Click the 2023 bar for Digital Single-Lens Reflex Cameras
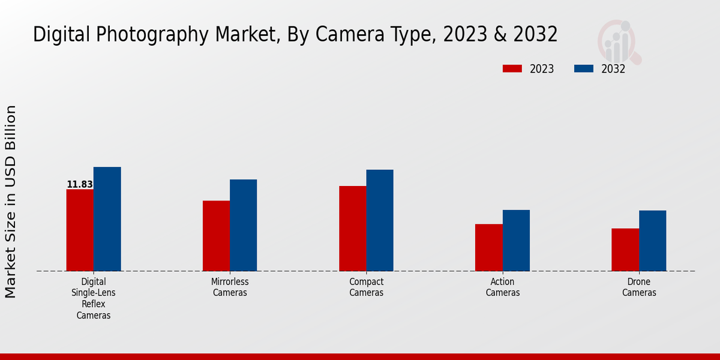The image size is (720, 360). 80,230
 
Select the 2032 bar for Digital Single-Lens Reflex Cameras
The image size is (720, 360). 107,219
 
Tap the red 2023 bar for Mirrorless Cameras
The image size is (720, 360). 216,236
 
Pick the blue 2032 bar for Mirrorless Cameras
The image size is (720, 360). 244,225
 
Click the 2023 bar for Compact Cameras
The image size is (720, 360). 352,229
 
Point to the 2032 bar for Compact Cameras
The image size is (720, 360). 380,220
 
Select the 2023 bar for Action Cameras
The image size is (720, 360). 488,247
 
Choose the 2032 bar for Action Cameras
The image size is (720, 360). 516,240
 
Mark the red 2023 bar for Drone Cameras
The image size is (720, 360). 625,250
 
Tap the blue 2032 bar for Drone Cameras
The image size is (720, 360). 653,241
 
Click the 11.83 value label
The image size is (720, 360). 80,185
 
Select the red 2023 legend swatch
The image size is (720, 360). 512,69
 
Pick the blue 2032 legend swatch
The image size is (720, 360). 584,69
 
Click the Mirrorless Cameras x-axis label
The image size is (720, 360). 230,287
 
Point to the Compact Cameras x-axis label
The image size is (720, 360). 366,287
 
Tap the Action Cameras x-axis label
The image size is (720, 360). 503,287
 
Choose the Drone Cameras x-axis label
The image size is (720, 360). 639,287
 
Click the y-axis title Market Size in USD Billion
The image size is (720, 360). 11,202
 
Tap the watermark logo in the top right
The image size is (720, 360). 619,41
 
